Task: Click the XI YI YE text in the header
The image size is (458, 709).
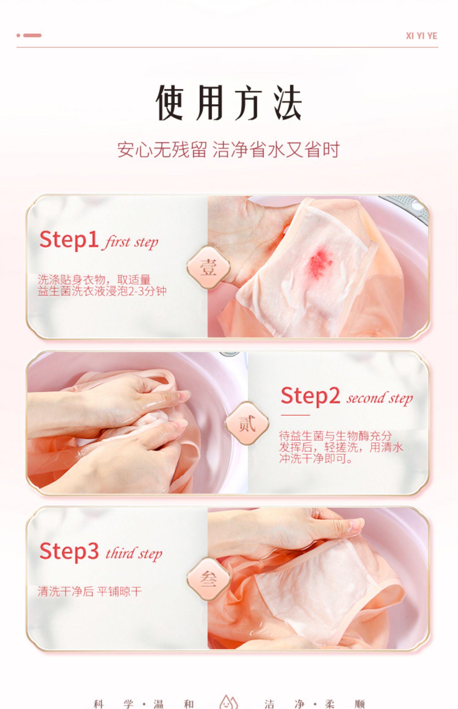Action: click(421, 36)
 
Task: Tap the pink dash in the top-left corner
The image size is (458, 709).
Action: click(32, 35)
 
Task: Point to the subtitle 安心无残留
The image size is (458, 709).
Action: click(162, 150)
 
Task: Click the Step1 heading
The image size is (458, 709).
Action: click(69, 239)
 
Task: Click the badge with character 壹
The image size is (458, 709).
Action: click(209, 267)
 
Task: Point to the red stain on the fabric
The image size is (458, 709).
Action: click(321, 263)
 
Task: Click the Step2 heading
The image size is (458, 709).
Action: click(310, 395)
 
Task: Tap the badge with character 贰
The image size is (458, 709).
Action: click(247, 423)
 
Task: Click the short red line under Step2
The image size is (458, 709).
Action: click(295, 415)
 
